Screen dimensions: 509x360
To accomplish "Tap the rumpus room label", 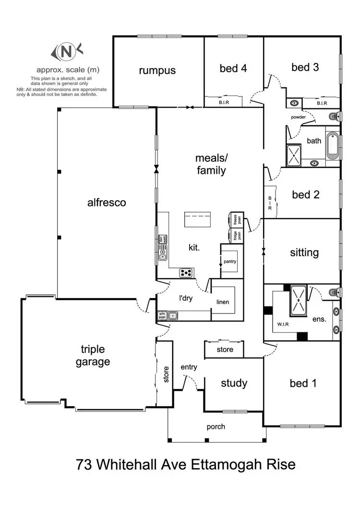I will (157, 71).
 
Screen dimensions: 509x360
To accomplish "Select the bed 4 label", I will (233, 68).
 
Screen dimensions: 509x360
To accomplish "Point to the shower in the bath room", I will (294, 153).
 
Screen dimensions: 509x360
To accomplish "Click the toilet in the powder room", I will (334, 116).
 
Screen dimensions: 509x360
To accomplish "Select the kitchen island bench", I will (197, 221).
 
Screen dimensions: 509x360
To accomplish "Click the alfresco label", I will (107, 203).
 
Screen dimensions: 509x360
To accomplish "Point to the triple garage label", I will (93, 355).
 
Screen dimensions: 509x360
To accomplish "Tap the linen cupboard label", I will (223, 302).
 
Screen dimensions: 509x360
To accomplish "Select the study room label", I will (234, 383).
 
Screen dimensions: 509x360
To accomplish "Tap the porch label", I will (216, 426).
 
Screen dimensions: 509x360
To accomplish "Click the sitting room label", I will (304, 253).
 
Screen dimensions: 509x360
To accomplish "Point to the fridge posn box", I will (236, 236).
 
